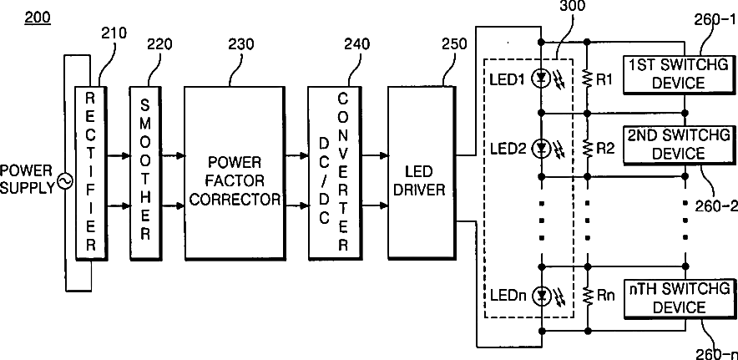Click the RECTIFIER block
91,173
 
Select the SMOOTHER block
145,173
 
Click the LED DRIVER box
422,173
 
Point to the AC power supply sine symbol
64,181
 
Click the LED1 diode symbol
541,79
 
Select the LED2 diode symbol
541,149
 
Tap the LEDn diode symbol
541,296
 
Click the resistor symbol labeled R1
587,79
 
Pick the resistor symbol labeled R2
587,149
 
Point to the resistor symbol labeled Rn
587,296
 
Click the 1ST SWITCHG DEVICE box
680,74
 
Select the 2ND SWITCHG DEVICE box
680,145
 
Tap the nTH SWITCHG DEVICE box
680,299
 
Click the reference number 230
241,44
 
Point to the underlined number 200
38,18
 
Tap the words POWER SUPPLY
28,180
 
